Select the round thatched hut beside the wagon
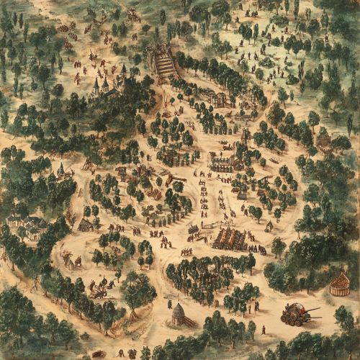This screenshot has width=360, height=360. click(339, 284)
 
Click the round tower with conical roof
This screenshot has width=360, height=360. click(179, 313)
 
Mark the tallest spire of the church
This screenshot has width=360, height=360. click(96, 82)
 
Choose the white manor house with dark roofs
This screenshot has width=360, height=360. click(27, 225)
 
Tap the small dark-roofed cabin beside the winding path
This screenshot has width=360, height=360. click(86, 225)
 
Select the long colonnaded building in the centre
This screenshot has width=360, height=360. click(225, 163)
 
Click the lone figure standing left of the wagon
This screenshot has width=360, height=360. click(263, 329)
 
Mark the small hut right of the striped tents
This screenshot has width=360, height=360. click(269, 226)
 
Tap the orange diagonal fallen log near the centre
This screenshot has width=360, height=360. click(175, 179)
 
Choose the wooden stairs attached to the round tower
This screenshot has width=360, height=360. click(189, 321)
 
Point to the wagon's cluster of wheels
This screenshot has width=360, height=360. click(292, 318)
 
